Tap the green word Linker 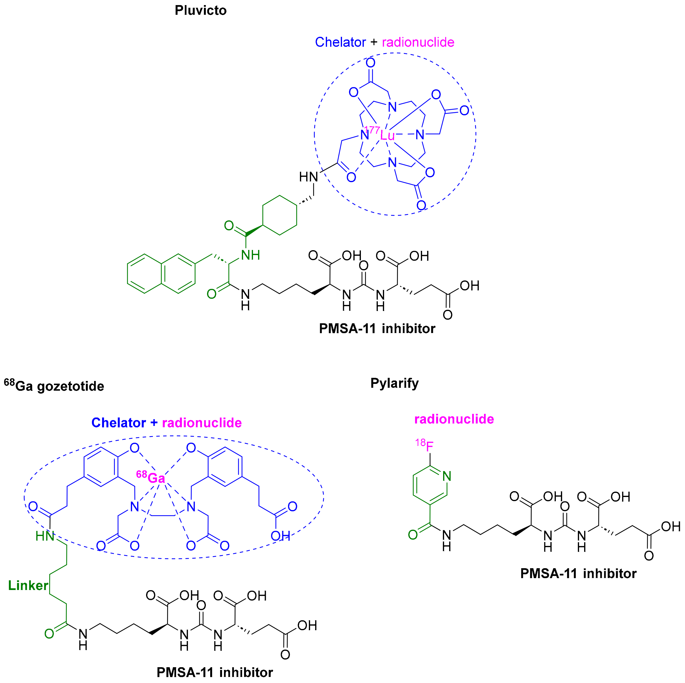tap(28, 585)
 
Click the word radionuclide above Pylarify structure tap(454, 419)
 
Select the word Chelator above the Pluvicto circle tap(340, 42)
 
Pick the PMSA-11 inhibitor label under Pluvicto tap(377, 329)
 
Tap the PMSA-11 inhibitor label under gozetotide tap(215, 672)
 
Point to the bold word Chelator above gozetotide tap(119, 423)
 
